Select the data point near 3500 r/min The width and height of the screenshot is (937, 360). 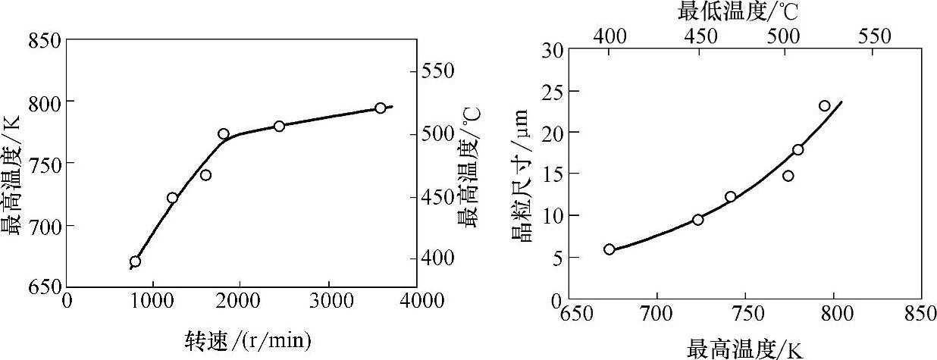(x=381, y=108)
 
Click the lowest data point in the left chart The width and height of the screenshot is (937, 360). (x=135, y=262)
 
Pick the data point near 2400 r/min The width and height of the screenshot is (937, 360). (x=279, y=126)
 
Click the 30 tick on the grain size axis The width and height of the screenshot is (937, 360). (x=552, y=50)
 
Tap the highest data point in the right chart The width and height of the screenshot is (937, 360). (x=825, y=106)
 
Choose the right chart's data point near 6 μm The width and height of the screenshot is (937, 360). (x=610, y=249)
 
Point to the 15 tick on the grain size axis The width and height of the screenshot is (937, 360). (x=552, y=174)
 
